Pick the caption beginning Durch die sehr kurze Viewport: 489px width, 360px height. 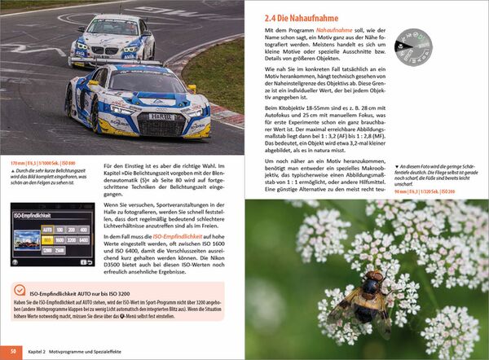pos(49,173)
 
